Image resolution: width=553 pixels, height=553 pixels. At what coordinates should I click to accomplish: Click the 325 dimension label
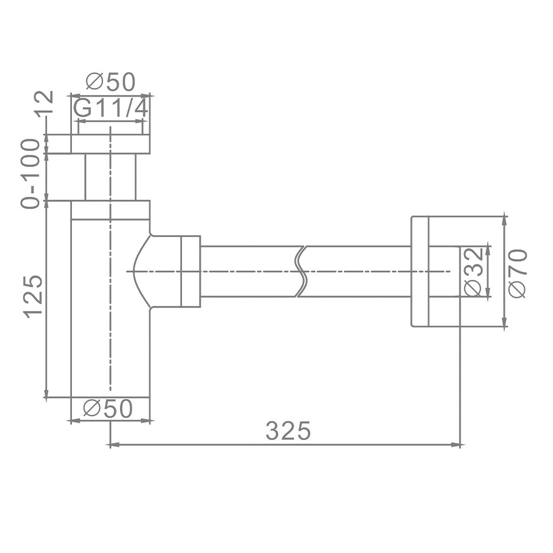288,430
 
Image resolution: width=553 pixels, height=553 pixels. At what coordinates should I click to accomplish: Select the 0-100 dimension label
30,174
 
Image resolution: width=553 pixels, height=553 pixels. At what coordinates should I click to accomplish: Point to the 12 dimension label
44,102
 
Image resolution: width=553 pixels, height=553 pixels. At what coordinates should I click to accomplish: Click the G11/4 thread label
111,107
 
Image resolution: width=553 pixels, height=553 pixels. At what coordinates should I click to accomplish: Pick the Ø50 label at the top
111,82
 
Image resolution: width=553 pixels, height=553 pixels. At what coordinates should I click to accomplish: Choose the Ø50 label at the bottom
108,409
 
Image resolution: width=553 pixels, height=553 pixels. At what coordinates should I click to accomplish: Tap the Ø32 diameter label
473,272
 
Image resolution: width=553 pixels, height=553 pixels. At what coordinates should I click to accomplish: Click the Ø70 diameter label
518,273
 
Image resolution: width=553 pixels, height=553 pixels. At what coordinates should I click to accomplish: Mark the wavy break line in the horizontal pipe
301,272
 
